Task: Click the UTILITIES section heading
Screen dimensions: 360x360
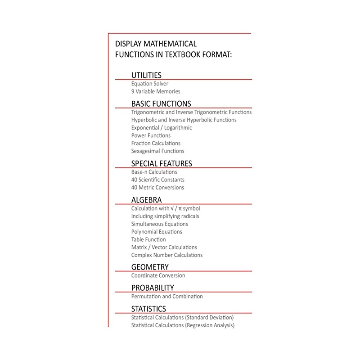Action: [146, 75]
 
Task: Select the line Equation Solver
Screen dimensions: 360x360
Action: [150, 84]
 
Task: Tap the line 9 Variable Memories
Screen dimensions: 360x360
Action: [156, 91]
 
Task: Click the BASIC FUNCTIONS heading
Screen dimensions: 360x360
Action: [161, 103]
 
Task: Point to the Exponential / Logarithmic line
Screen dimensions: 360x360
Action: [162, 128]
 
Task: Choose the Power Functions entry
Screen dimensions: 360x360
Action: [151, 135]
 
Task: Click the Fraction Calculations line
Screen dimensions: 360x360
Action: [156, 143]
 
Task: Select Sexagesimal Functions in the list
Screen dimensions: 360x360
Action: [157, 151]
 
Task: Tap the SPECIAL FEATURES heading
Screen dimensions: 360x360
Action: [162, 163]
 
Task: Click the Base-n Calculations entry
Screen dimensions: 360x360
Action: [154, 172]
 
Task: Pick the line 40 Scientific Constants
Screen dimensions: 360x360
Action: [158, 180]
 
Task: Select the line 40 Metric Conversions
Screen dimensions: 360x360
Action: [157, 188]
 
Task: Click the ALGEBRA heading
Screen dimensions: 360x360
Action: [147, 200]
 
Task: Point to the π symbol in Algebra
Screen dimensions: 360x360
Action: [179, 209]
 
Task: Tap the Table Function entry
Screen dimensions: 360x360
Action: [148, 239]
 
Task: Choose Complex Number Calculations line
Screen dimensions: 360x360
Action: [167, 255]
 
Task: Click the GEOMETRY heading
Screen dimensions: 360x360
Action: [150, 267]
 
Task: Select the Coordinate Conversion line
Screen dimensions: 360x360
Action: [158, 275]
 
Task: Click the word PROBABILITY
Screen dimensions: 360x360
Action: [153, 288]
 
